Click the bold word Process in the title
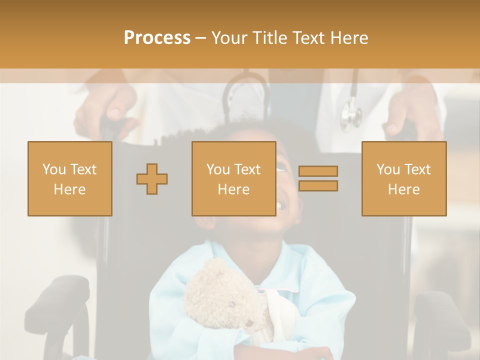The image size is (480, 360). [157, 38]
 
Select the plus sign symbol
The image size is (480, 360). [152, 179]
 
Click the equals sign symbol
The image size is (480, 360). [318, 178]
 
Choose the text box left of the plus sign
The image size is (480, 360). [70, 179]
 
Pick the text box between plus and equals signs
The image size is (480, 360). [234, 179]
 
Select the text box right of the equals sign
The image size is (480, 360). [404, 179]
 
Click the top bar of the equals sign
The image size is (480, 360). [318, 171]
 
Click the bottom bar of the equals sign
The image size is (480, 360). [318, 186]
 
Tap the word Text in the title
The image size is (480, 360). [306, 38]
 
